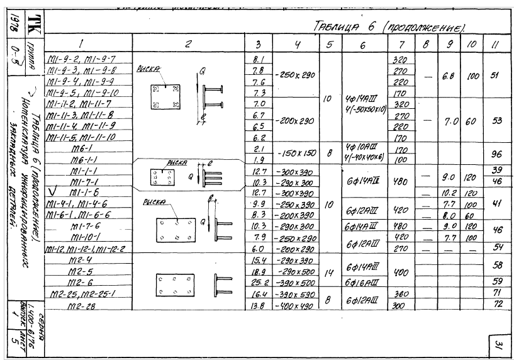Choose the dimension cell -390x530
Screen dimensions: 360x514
coord(295,293)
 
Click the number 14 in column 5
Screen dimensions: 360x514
coord(328,272)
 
